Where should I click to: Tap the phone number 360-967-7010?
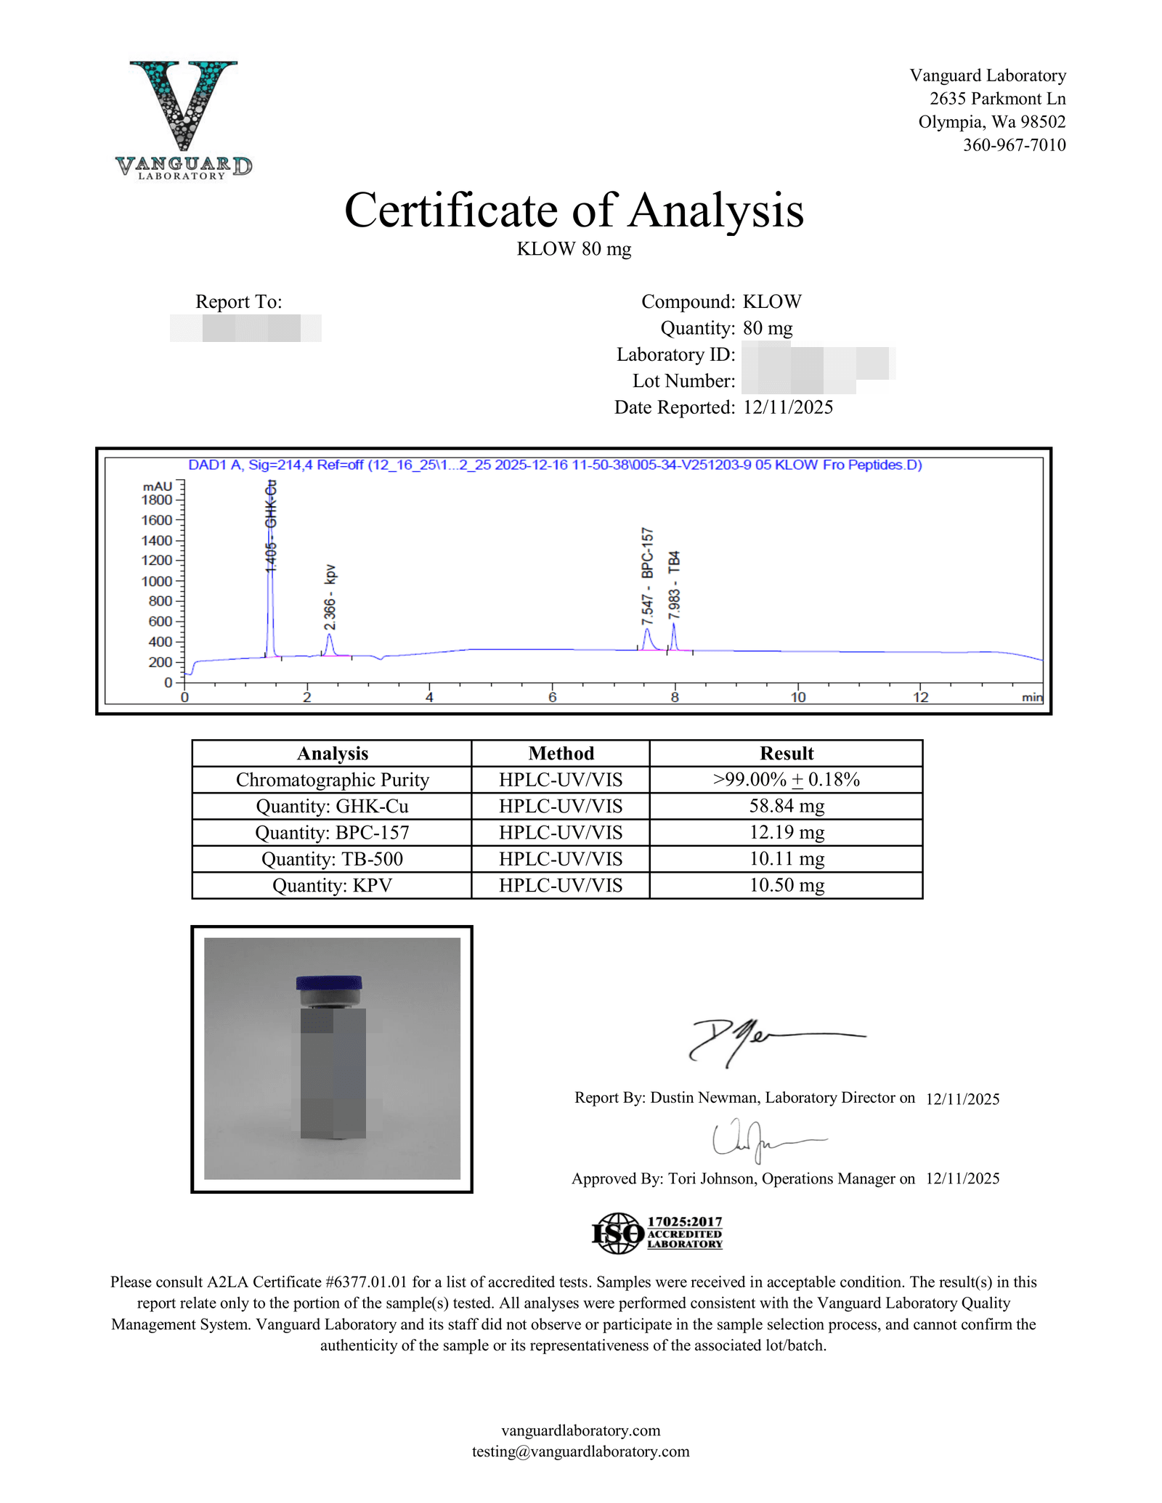tap(1014, 145)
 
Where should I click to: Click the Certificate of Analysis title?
tap(574, 211)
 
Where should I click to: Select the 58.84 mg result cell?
tap(786, 806)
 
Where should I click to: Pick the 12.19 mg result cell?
tap(786, 832)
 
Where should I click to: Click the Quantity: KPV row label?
tap(332, 885)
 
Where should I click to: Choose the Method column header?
tap(561, 753)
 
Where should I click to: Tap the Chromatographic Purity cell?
tap(332, 780)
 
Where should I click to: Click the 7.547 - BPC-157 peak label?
tap(647, 576)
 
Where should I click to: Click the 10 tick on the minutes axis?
tap(798, 697)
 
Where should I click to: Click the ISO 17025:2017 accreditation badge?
tap(657, 1233)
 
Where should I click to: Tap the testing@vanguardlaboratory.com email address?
tap(580, 1451)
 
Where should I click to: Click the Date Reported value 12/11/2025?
tap(788, 407)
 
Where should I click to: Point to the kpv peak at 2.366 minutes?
tap(329, 643)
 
